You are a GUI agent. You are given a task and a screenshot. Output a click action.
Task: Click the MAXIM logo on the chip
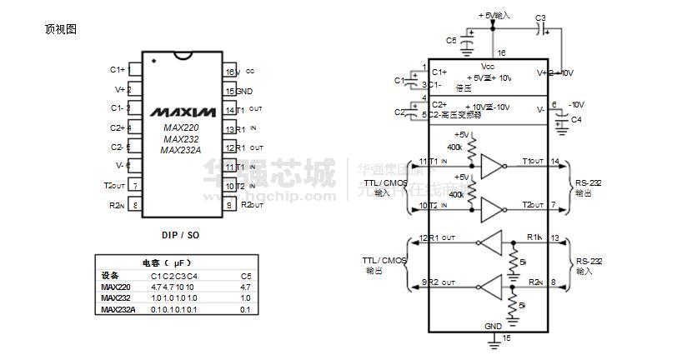tap(183, 111)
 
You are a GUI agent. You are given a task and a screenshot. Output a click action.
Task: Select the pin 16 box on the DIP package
tap(229, 72)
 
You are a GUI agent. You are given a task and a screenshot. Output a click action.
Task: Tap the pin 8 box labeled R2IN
tap(134, 205)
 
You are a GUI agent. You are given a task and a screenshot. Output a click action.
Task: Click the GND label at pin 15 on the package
tap(244, 91)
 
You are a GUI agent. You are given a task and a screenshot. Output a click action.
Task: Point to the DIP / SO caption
tap(180, 235)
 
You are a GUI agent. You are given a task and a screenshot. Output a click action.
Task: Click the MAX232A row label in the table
tap(118, 309)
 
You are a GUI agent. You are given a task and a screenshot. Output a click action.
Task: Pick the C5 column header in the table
tap(245, 276)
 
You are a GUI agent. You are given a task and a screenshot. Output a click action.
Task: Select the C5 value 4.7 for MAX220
tap(245, 287)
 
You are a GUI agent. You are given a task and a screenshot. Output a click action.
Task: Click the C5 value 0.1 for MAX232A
tap(245, 309)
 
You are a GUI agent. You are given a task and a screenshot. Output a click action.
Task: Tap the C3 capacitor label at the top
tap(540, 17)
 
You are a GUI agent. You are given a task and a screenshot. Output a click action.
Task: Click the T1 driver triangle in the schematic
tap(494, 168)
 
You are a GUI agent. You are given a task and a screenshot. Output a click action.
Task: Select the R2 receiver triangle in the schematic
tap(494, 284)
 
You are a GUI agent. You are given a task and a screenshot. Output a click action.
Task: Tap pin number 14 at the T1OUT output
tap(555, 161)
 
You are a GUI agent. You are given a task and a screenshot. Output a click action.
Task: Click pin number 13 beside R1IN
tap(555, 239)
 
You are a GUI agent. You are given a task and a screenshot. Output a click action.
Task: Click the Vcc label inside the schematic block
tap(488, 66)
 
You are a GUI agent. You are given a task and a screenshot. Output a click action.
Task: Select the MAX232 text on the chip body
tap(182, 138)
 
